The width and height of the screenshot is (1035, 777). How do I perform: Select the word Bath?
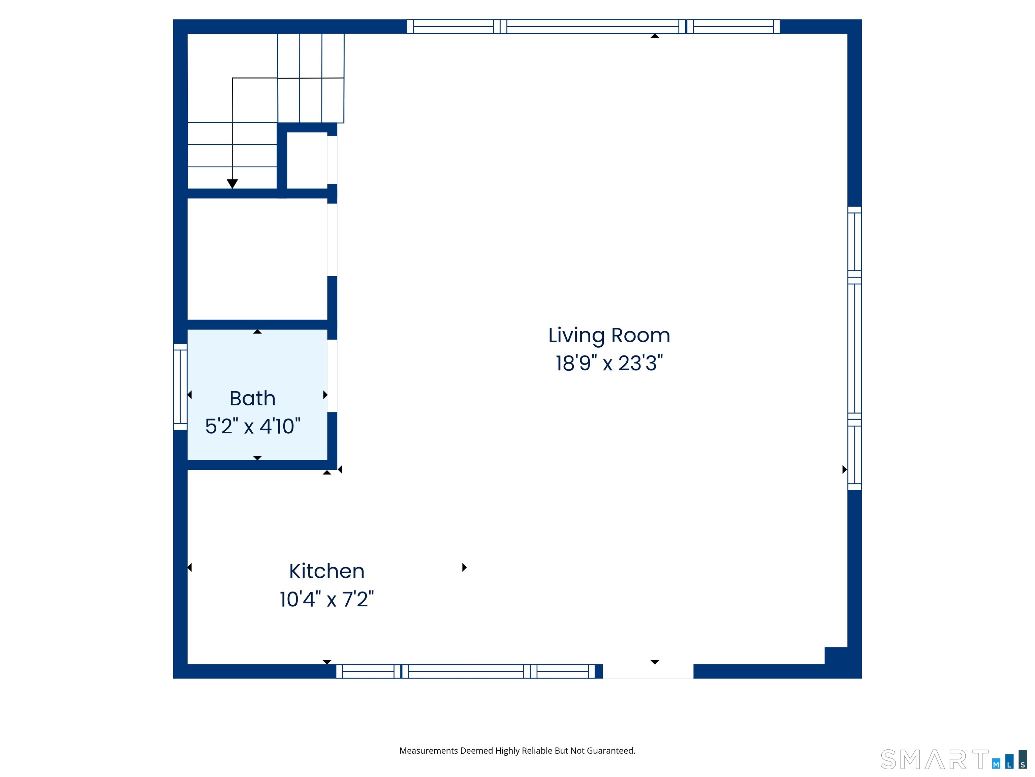[x=253, y=399]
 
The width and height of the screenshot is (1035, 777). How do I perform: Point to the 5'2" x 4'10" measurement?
[x=253, y=426]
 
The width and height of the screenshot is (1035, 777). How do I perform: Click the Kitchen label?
[x=326, y=571]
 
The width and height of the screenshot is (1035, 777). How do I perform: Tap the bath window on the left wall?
[x=180, y=387]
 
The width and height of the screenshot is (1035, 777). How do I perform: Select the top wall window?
[x=593, y=26]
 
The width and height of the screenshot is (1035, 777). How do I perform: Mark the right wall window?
[x=854, y=348]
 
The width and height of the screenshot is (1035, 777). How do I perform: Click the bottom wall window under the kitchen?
[x=466, y=671]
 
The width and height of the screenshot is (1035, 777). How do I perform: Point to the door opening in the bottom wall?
[x=648, y=671]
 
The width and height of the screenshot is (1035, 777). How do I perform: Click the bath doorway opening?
[x=332, y=376]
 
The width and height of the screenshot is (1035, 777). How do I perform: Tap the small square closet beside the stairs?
[x=307, y=160]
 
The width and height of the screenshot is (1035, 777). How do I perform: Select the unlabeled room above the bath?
[x=257, y=259]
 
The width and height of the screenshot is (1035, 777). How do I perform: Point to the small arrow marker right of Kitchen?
[x=464, y=567]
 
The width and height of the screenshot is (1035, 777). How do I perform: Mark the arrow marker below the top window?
[x=655, y=36]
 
